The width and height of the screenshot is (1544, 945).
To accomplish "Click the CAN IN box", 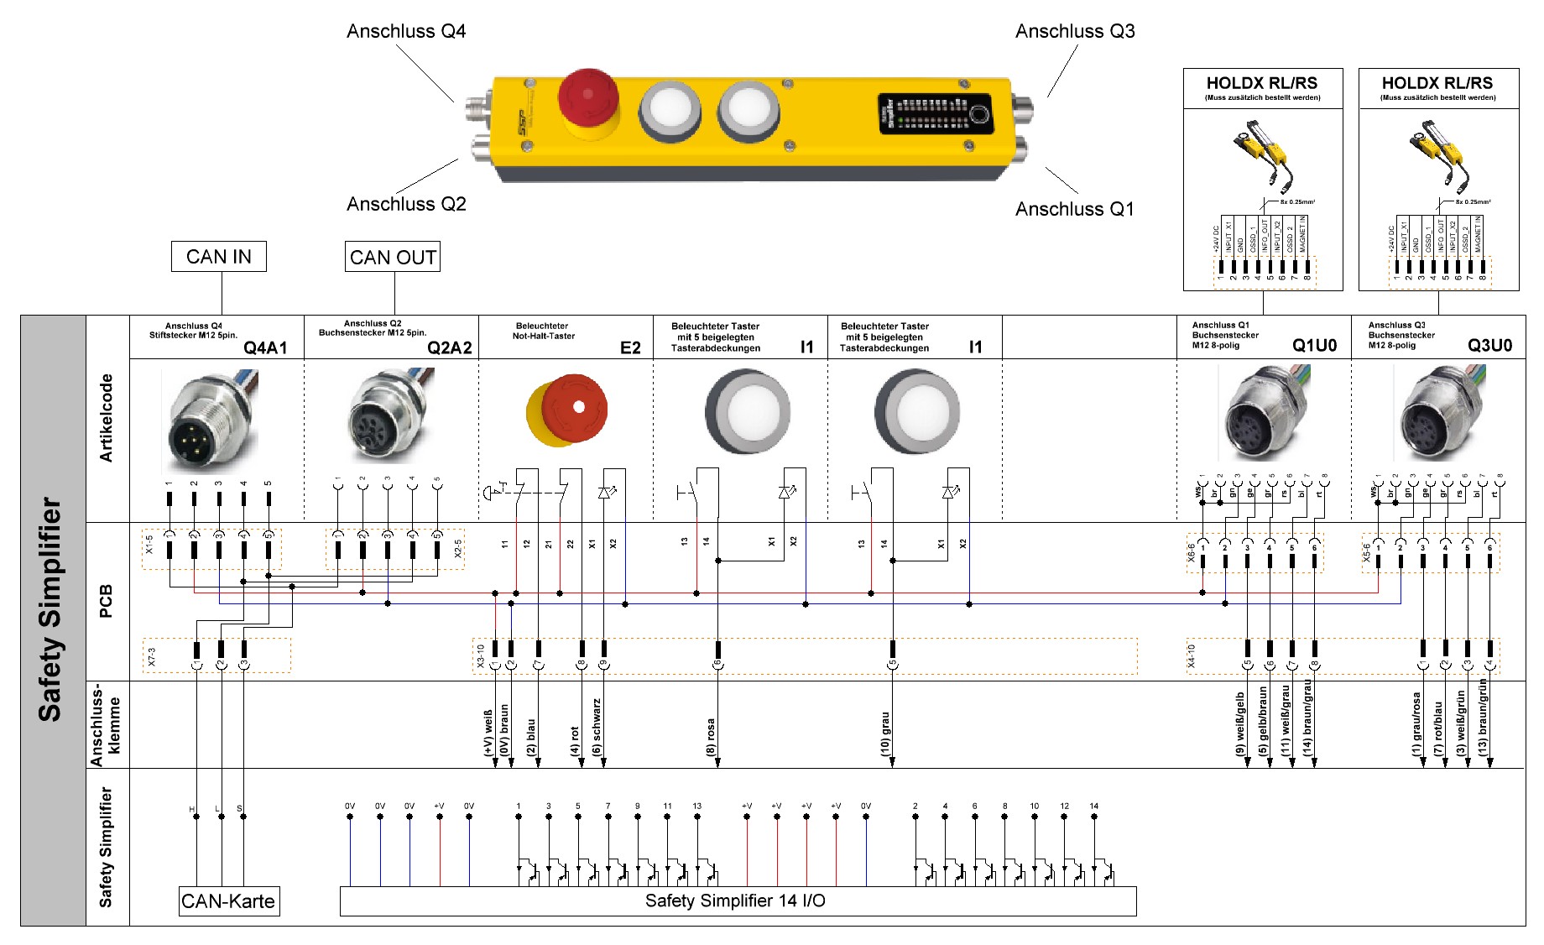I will point(218,257).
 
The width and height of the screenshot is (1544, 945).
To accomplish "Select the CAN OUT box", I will point(393,257).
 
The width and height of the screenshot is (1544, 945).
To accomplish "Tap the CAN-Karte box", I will point(228,901).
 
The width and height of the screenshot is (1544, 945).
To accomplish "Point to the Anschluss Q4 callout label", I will point(406,32).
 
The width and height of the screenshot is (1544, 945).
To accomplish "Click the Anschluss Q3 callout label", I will point(1075,32).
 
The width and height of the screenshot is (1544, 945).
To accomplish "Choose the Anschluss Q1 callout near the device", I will point(1075,209).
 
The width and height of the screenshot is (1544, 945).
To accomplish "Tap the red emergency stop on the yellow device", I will point(588,98).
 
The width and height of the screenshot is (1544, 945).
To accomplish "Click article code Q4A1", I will point(265,347).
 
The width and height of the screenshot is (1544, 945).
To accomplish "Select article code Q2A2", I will point(450,347).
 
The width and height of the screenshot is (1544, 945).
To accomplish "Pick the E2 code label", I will point(630,347).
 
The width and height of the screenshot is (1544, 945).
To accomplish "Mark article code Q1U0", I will point(1314,345).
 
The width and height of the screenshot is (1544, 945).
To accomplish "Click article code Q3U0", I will point(1489,345).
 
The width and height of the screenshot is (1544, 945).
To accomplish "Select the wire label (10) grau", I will point(885,734).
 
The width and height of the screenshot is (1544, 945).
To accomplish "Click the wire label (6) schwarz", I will point(597,727).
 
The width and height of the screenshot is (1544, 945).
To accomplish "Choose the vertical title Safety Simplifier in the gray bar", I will point(51,609).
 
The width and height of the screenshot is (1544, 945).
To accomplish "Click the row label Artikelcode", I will point(107,418).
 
